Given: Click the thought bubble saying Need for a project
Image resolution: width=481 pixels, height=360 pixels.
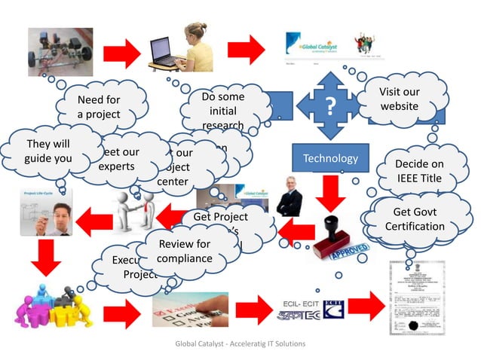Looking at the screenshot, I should [98, 107].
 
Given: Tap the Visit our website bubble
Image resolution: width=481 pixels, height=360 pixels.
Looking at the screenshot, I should [400, 99].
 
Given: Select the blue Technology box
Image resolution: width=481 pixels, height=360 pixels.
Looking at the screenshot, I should [331, 158].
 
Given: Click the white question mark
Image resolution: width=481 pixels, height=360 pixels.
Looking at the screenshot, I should [330, 108].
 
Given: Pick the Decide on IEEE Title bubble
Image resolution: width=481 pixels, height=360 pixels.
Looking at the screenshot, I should [419, 171].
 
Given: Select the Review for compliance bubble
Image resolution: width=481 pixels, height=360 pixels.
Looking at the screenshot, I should [185, 252].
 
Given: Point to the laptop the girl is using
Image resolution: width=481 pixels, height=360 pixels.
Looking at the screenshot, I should [164, 53].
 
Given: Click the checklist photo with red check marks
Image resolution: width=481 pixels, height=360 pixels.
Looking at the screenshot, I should [190, 310].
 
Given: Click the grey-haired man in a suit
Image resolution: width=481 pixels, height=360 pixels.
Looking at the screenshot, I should [289, 197].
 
